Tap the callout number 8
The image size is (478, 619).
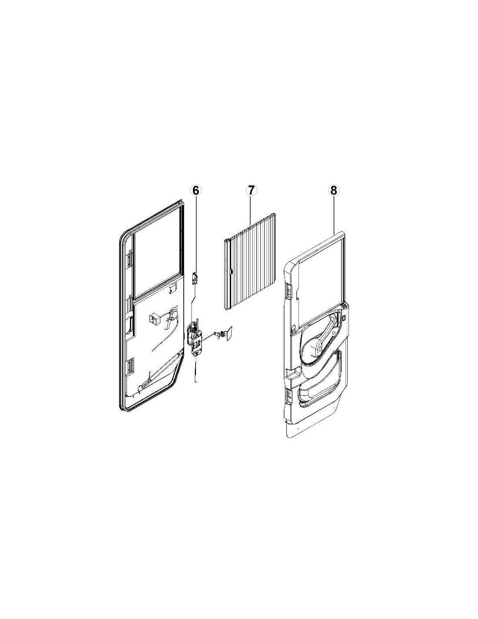[333, 191]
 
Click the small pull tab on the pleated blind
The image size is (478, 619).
[231, 272]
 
